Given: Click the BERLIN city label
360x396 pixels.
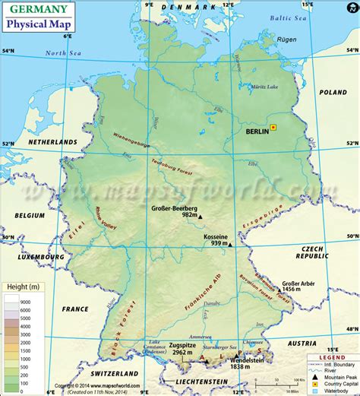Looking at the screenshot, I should click(258, 131).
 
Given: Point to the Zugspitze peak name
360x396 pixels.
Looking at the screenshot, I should click(185, 344).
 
